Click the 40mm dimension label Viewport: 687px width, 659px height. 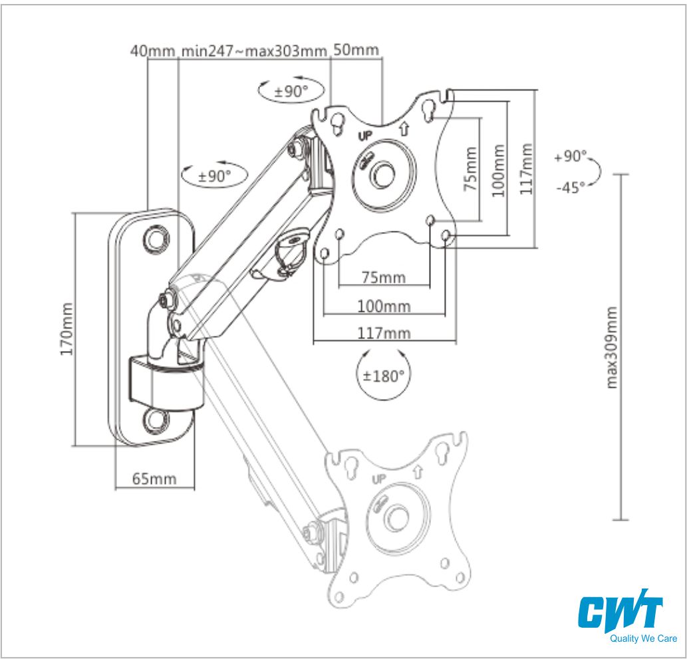click(152, 51)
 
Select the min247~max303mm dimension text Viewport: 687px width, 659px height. click(253, 51)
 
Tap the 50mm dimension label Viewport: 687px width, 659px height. click(356, 50)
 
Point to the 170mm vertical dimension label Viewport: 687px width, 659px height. click(67, 329)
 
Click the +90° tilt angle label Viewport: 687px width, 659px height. click(571, 157)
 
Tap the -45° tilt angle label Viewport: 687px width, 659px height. click(571, 187)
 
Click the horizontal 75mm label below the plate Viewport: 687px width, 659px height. click(383, 277)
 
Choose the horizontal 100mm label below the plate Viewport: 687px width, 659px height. click(384, 306)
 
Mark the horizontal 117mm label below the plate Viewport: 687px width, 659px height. click(384, 332)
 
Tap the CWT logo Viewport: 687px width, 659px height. click(620, 612)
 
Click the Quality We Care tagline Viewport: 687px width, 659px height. click(642, 639)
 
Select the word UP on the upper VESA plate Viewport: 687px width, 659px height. click(365, 136)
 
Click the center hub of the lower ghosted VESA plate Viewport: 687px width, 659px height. click(397, 516)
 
